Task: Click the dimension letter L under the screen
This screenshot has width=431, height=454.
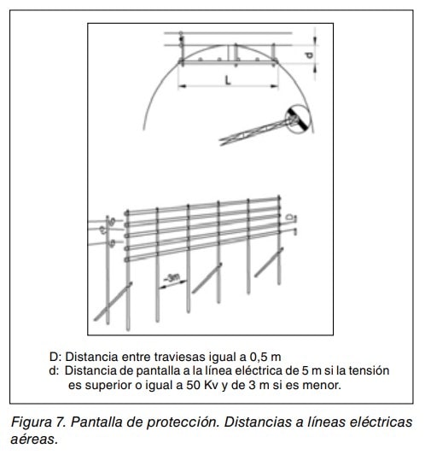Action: [228, 80]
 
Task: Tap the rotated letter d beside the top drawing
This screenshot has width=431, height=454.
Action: [310, 55]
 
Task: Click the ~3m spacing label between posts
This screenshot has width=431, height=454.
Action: [172, 278]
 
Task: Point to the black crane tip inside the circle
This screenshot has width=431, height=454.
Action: [300, 119]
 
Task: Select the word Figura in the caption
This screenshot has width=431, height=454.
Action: [31, 422]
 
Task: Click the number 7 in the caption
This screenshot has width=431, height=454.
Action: [61, 422]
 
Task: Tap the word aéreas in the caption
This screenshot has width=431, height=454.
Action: [33, 439]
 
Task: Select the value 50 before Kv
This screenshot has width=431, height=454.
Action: [193, 385]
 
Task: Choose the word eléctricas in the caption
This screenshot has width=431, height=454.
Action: [381, 422]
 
